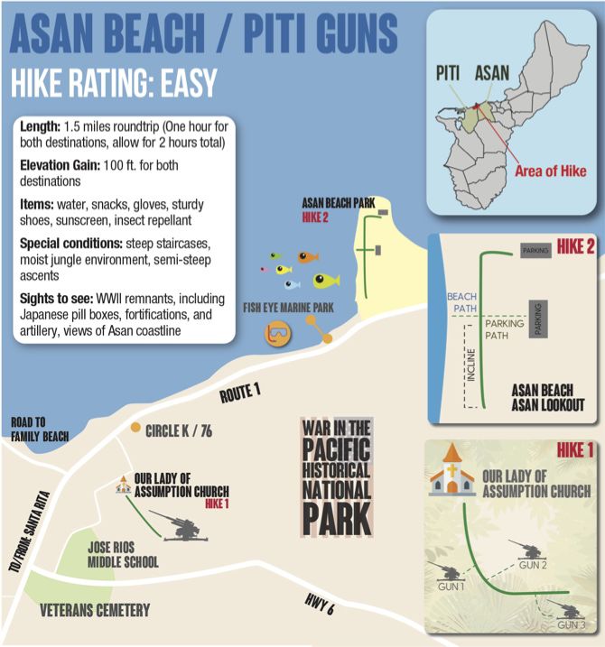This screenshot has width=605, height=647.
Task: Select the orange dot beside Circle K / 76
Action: [x=135, y=427]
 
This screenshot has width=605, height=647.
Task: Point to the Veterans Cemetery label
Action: [x=95, y=611]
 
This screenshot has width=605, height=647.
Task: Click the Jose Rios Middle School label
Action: [x=123, y=555]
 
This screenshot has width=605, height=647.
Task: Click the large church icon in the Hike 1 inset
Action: [x=451, y=475]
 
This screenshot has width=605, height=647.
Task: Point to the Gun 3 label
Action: [x=570, y=625]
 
